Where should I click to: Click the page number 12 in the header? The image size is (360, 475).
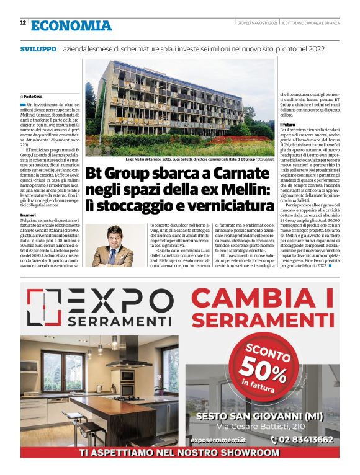pyautogui.click(x=23, y=23)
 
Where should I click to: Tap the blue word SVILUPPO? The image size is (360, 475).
pyautogui.click(x=37, y=48)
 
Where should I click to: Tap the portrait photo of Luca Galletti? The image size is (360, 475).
pyautogui.click(x=109, y=246)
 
